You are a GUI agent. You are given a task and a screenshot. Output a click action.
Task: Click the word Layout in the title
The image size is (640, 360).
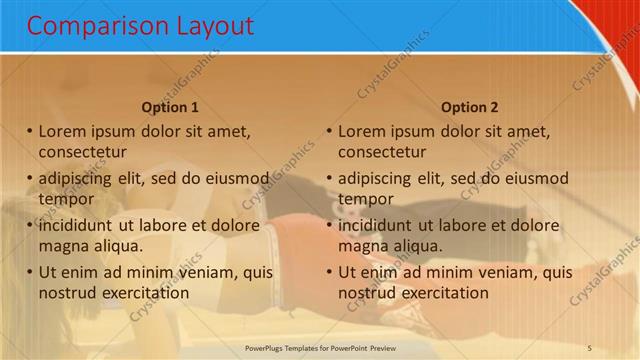tap(210, 26)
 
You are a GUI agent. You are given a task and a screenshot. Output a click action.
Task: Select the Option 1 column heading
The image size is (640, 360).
tap(170, 107)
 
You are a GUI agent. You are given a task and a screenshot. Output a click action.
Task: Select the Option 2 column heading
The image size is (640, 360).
tap(469, 107)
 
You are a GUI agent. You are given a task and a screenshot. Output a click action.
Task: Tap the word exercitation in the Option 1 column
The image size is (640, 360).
tap(144, 293)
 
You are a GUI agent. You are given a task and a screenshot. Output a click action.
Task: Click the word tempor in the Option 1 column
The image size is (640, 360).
tap(66, 199)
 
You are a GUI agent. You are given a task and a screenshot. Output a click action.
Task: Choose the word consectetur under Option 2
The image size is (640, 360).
tap(382, 152)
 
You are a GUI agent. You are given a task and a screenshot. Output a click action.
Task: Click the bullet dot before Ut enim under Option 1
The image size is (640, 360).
tap(30, 272)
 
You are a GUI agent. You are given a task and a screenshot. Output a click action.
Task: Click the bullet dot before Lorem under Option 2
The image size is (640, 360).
tap(329, 131)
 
